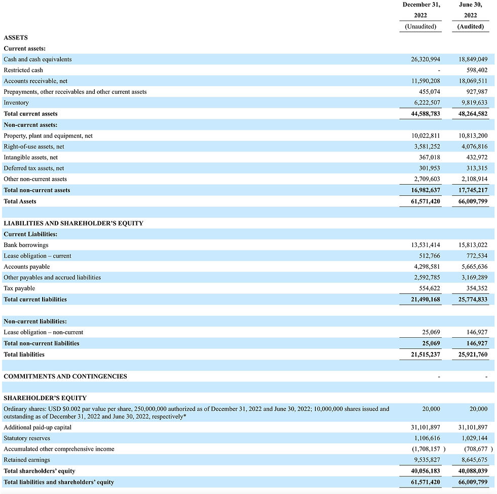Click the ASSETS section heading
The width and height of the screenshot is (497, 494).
[x=16, y=38]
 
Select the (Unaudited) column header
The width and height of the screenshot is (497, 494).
[x=420, y=26]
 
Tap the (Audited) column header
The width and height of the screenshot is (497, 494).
[x=470, y=26]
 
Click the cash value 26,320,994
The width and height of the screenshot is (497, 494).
[x=425, y=59]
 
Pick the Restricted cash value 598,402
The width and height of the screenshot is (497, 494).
[x=477, y=70]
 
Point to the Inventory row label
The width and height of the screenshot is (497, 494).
[x=16, y=103]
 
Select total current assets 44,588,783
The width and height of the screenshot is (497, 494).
[x=425, y=114]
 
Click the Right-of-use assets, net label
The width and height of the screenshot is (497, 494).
[x=34, y=147]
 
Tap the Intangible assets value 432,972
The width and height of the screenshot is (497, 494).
[x=477, y=157]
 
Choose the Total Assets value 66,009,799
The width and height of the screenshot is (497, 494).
[x=473, y=201]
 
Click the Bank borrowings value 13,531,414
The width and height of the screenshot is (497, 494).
[x=425, y=245]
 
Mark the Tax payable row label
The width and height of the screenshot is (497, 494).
[x=19, y=289]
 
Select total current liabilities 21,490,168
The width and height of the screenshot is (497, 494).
[x=425, y=299]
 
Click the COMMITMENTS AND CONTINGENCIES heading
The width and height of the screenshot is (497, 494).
[x=65, y=376]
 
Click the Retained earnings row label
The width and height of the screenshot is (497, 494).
[x=27, y=460]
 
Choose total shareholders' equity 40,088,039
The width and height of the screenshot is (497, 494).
[x=473, y=471]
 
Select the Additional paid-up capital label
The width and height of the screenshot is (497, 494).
[x=38, y=427]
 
